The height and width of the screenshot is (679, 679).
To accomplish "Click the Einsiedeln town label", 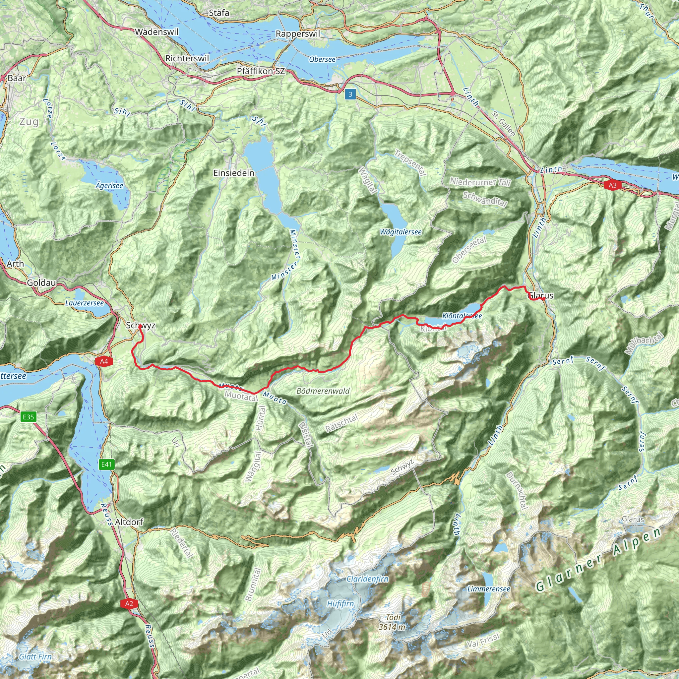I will coord(234,173).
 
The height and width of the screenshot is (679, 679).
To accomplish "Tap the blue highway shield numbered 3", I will coord(350,94).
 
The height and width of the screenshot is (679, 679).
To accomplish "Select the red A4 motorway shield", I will coord(104,361).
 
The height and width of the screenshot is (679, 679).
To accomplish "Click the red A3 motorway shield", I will coord(613,185).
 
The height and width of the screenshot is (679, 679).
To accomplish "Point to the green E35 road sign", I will coord(28,417).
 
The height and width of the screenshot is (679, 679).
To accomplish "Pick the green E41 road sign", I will coord(106,464).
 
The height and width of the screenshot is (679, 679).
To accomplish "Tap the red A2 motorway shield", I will coord(129,603).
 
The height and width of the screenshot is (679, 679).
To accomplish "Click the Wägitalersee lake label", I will coord(401,232).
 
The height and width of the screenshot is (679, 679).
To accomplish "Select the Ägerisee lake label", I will coord(109,185).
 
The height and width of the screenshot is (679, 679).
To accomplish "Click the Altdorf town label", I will coord(129,522).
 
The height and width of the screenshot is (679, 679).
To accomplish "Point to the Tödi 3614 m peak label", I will coord(393,622).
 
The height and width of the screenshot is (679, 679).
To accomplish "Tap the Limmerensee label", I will coord(488,589).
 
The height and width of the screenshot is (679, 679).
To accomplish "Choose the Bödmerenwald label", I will coord(323,391).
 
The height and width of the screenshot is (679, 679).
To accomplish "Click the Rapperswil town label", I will coord(298,34).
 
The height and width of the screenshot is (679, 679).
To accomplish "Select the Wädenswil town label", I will coord(157,32).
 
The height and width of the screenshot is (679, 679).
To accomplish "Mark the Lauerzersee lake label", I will coord(85,303).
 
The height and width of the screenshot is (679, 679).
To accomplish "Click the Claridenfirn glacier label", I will coord(368,579).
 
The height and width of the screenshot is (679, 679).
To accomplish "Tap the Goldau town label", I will coord(41,282).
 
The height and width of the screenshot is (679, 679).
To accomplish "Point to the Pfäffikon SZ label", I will coord(261,71).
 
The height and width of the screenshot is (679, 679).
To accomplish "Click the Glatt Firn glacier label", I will coord(35,656).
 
